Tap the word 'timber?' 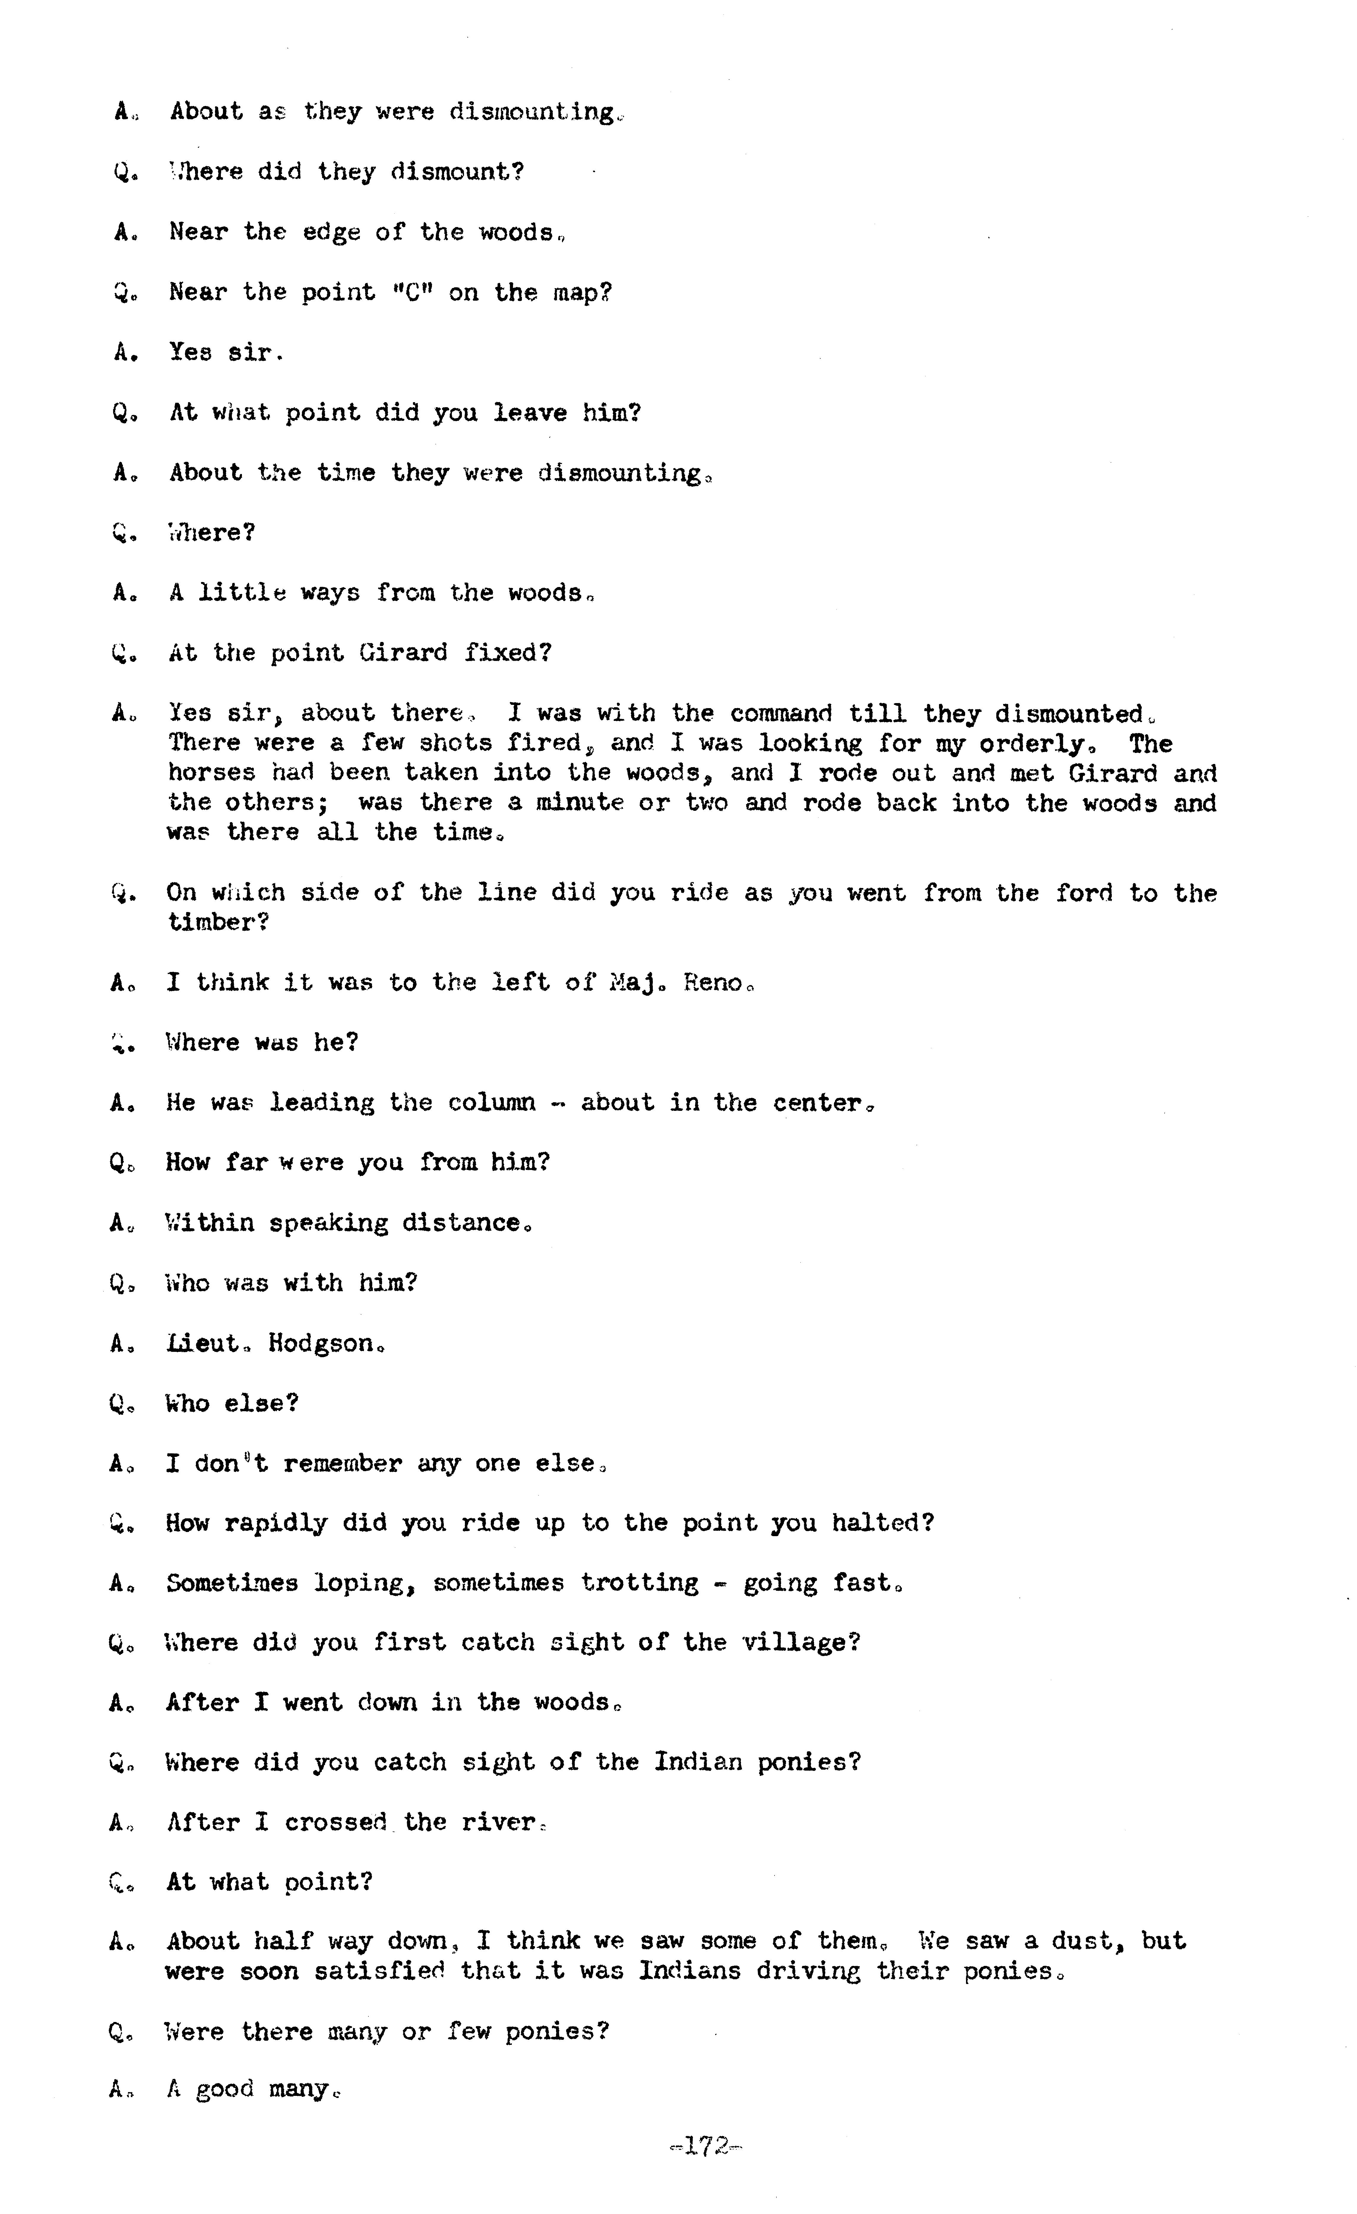pos(218,923)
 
